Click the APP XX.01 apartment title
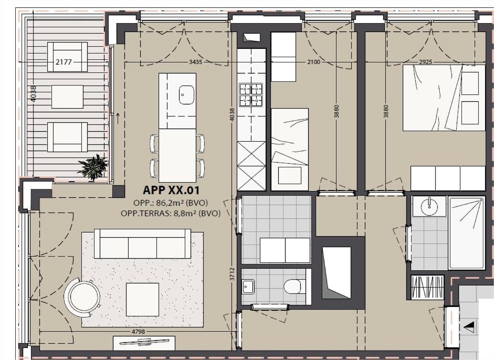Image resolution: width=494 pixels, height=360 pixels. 171,190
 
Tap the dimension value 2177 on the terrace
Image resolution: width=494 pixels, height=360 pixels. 64,62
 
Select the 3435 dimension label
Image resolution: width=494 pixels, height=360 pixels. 195,62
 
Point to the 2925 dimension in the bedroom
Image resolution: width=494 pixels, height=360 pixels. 425,62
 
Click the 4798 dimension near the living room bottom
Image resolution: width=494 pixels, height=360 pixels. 138,331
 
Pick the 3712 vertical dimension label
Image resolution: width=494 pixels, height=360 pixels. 232,274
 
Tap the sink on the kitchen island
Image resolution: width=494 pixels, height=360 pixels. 186,95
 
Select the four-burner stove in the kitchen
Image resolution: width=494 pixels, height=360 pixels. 251,95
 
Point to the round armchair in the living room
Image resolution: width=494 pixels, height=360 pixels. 82,297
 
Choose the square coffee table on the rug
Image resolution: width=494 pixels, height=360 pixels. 142,299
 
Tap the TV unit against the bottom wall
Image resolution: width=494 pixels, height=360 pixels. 144,343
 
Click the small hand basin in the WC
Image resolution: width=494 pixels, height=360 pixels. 248,287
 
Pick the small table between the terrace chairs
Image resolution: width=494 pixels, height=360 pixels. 67,97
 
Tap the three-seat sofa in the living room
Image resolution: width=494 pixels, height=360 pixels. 142,243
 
